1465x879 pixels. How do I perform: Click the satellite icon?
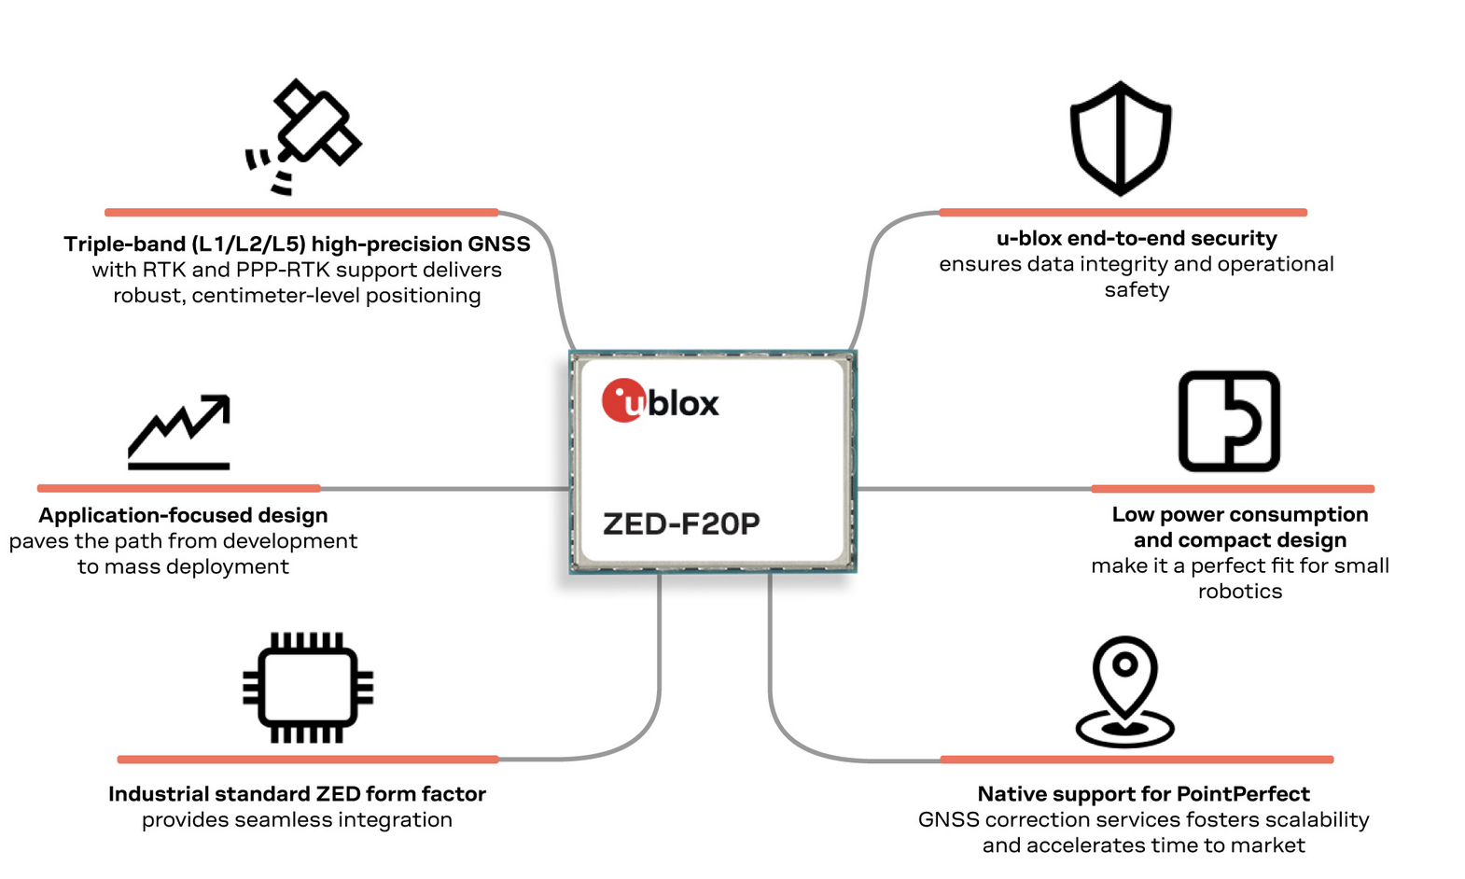[x=305, y=136]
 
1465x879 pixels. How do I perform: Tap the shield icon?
[x=1121, y=138]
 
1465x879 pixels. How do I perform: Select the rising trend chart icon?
[x=179, y=431]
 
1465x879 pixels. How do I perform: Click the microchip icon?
[x=308, y=689]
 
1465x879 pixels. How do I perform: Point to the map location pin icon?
[x=1125, y=691]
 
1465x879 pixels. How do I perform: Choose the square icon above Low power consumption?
[x=1229, y=422]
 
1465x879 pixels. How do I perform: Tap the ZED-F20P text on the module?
[x=681, y=524]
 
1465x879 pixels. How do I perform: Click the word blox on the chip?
[x=684, y=404]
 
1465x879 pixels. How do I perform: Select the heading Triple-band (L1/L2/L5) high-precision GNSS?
[x=297, y=244]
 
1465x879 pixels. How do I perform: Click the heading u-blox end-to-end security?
[x=1137, y=239]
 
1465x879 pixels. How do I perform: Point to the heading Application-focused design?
[x=183, y=516]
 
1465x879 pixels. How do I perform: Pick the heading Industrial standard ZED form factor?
[x=297, y=794]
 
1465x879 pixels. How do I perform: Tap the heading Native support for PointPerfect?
[x=1143, y=794]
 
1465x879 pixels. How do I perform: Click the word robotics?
[x=1239, y=592]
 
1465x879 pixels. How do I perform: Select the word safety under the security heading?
[x=1137, y=290]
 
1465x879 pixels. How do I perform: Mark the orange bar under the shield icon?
[x=1123, y=213]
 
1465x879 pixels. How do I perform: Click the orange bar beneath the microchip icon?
[x=308, y=760]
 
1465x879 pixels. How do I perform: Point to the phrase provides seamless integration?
[x=297, y=820]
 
